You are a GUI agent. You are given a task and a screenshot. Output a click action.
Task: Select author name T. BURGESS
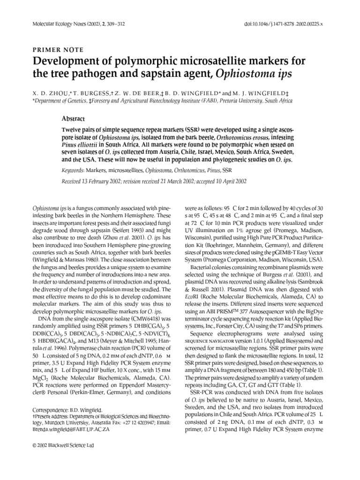click(86, 92)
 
